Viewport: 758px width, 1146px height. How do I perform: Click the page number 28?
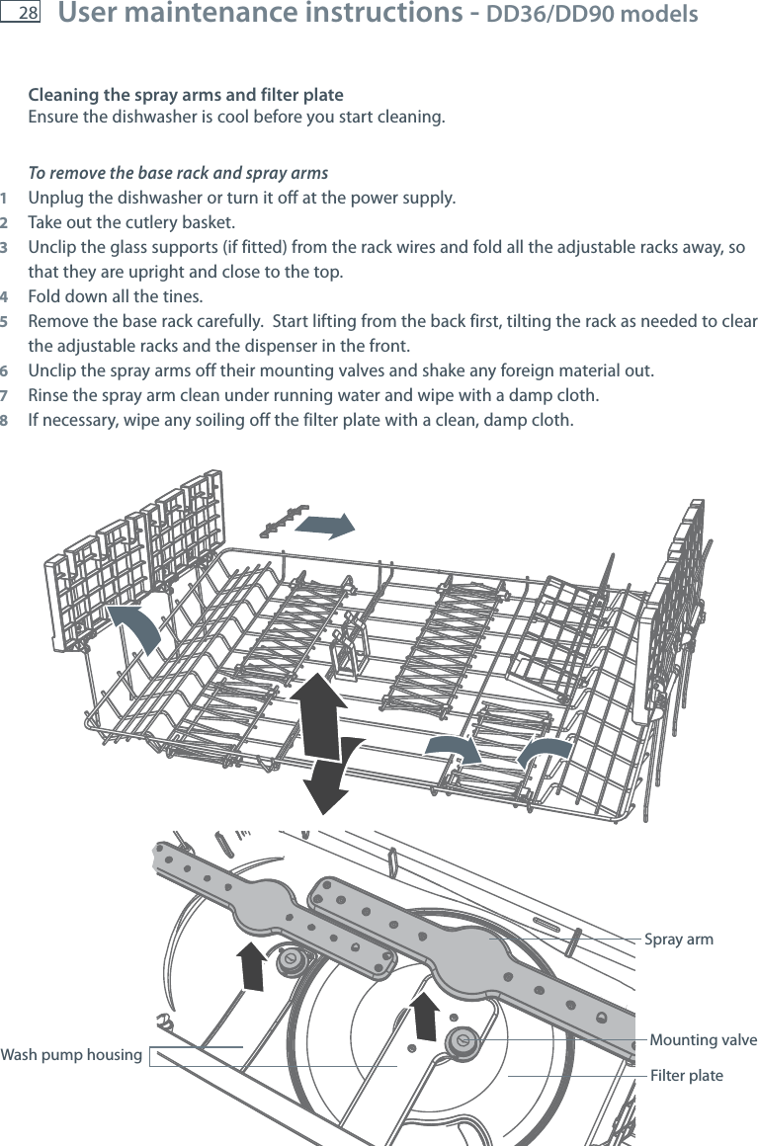coord(27,14)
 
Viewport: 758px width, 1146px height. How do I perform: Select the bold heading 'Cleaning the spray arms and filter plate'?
coord(186,96)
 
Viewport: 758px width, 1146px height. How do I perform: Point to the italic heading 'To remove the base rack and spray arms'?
coord(178,173)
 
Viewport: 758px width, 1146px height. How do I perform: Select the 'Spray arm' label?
coord(678,939)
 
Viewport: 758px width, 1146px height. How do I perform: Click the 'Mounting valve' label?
coord(703,1040)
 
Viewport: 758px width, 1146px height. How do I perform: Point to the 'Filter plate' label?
coord(686,1075)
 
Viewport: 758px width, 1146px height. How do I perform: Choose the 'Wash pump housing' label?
coord(71,1055)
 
